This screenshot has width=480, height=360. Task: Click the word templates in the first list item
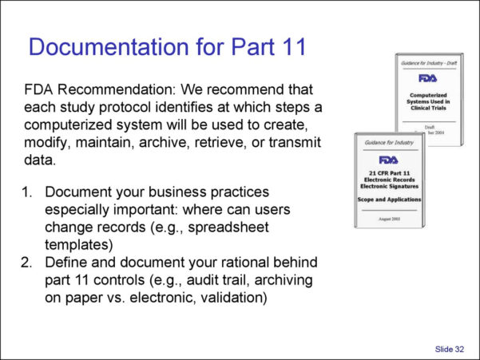click(78, 245)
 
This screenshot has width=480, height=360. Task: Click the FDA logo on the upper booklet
click(428, 78)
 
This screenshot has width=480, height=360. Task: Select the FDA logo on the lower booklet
click(389, 160)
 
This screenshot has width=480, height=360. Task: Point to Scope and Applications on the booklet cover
click(389, 199)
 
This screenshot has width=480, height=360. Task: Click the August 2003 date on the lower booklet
click(389, 218)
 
